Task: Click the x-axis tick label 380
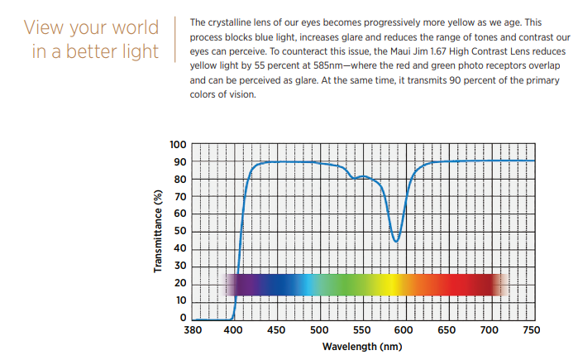(192, 329)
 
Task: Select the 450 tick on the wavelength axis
(276, 329)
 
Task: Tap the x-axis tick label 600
(404, 329)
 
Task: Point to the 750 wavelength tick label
(532, 329)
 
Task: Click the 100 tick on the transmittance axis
(178, 145)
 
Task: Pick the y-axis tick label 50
(180, 232)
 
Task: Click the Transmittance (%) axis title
(157, 232)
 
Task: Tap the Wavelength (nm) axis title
(361, 345)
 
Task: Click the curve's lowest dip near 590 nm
(396, 241)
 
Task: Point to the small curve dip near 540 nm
(354, 178)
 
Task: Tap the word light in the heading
(138, 51)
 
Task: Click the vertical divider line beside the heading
(176, 38)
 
